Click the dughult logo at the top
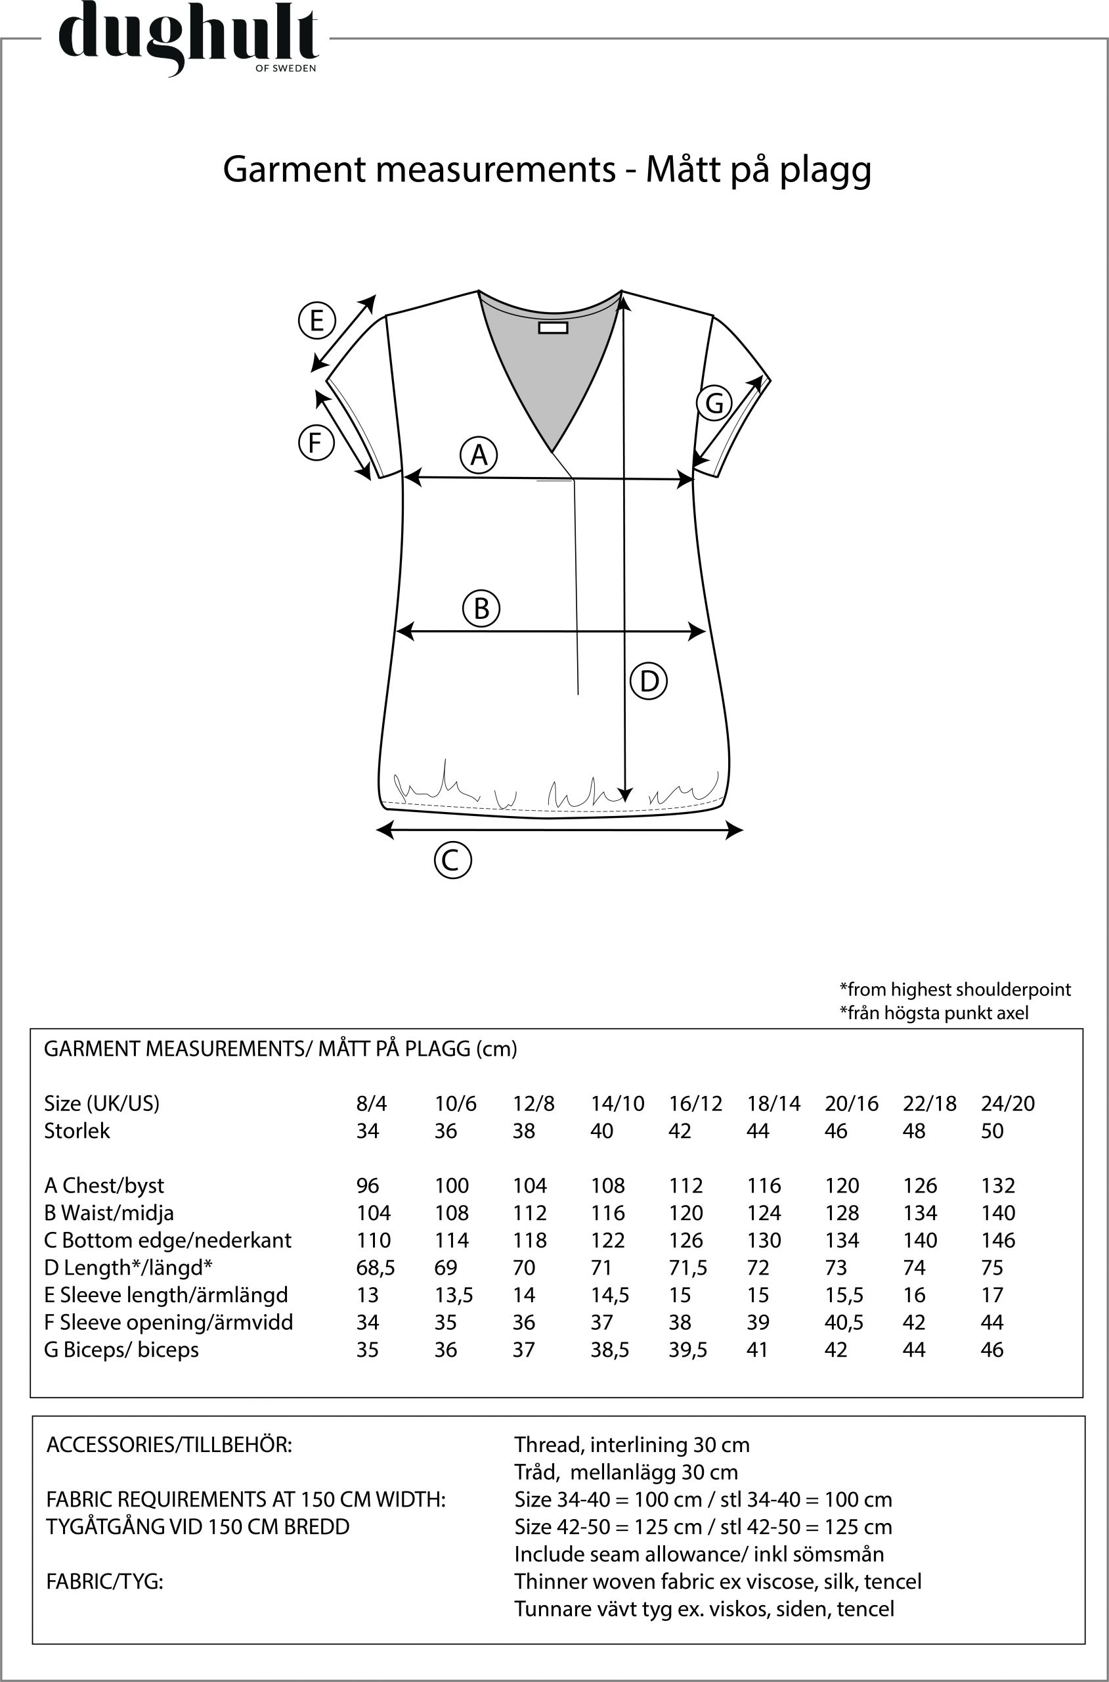coord(187,39)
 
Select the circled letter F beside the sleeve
coord(315,443)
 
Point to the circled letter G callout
coord(714,403)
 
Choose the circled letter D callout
coord(649,681)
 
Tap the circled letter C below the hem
coord(452,861)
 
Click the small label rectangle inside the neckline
coord(553,328)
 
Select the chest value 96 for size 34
coord(368,1185)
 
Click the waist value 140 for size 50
coord(997,1213)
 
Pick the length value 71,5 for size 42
coord(687,1267)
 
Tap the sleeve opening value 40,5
coord(844,1322)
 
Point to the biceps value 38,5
coord(610,1350)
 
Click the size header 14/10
coord(617,1103)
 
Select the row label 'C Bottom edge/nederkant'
coord(167,1240)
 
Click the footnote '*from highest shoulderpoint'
coord(955,989)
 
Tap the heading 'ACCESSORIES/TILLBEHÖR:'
coord(169,1444)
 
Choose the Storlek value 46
coord(835,1131)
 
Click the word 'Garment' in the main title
coord(297,169)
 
